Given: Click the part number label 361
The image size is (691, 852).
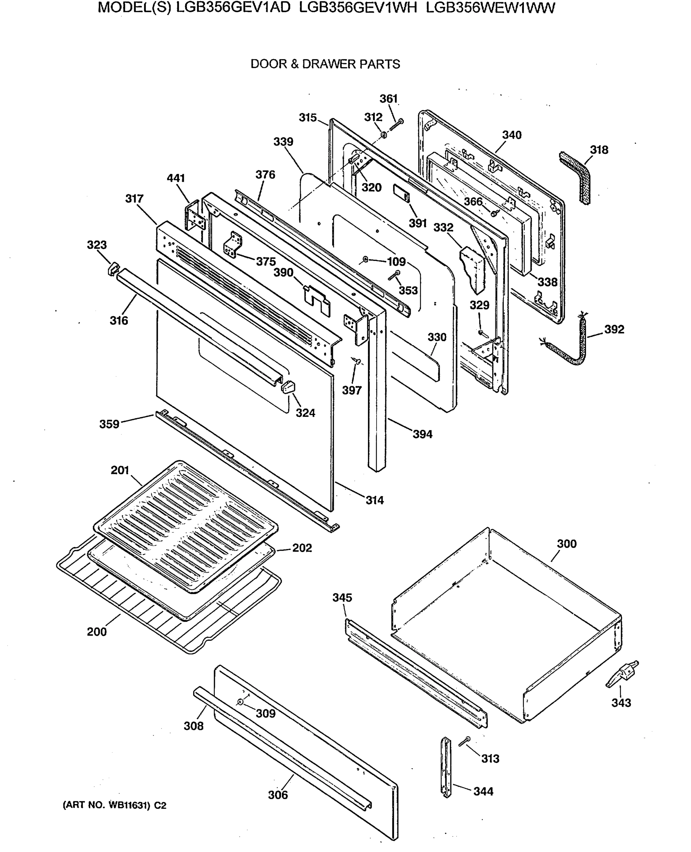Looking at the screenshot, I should pos(388,98).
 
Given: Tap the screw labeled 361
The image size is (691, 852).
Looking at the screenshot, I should pos(396,124).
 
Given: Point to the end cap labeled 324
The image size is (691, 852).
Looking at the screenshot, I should pos(288,386).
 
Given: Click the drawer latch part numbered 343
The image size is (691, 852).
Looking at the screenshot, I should pos(623,674).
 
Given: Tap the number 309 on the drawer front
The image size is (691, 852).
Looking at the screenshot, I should pos(265,714).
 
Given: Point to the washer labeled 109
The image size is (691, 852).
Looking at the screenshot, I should pos(365,260).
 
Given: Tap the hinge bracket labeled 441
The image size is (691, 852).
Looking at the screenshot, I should pos(196,215).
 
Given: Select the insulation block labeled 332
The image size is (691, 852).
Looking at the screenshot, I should pos(473,269).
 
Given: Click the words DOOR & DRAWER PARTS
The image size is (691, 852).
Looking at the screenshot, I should pos(325,64).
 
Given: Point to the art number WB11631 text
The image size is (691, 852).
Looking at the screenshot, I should pos(114,805).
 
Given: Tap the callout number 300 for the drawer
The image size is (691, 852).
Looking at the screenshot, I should pos(566,544).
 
